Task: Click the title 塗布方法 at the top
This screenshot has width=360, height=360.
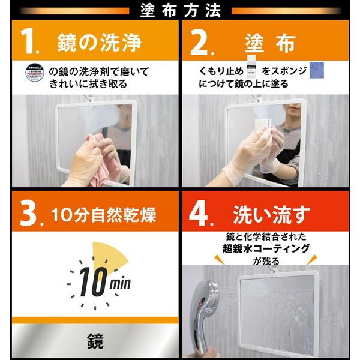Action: click(x=181, y=10)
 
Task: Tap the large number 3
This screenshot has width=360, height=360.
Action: click(x=28, y=213)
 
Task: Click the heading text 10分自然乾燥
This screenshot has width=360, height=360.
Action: click(x=105, y=213)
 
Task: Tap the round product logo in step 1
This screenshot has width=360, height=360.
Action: click(x=35, y=73)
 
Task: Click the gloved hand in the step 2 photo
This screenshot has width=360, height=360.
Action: click(x=249, y=159)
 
